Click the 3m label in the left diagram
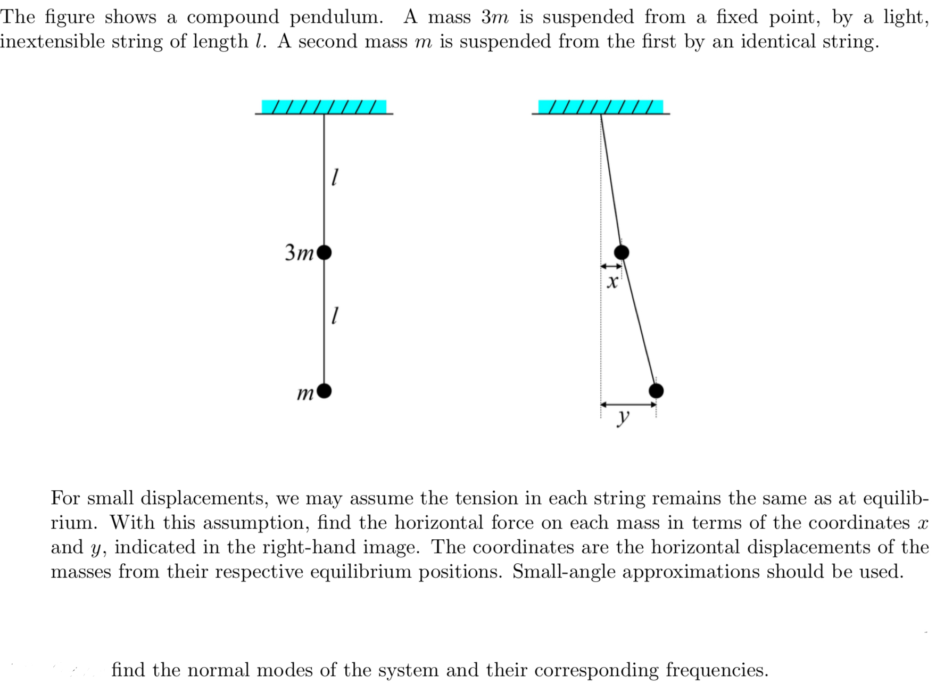click(x=299, y=252)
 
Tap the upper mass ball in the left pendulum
click(x=324, y=252)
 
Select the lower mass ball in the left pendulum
click(x=324, y=391)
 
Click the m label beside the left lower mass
click(x=305, y=394)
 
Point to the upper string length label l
click(x=334, y=177)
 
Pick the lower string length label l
click(x=334, y=317)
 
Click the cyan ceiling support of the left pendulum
click(x=324, y=106)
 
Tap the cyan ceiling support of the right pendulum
click(x=601, y=106)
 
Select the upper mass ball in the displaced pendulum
click(x=622, y=252)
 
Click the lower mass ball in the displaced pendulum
click(x=656, y=391)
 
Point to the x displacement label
click(x=612, y=282)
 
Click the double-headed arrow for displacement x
click(x=611, y=266)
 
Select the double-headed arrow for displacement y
click(x=628, y=404)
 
